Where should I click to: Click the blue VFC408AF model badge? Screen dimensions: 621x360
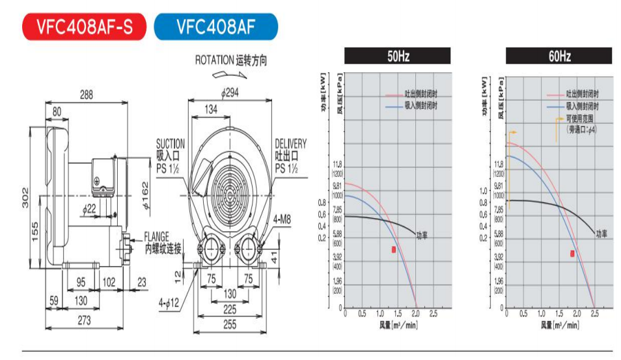pos(215,27)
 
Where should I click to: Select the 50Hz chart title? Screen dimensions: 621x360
pos(398,57)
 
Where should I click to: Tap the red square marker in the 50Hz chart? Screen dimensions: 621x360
pos(394,250)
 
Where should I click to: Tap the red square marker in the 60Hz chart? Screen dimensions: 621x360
pos(572,254)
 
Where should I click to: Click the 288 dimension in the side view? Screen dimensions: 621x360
pos(86,94)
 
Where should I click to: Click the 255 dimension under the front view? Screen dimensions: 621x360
pos(229,324)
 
